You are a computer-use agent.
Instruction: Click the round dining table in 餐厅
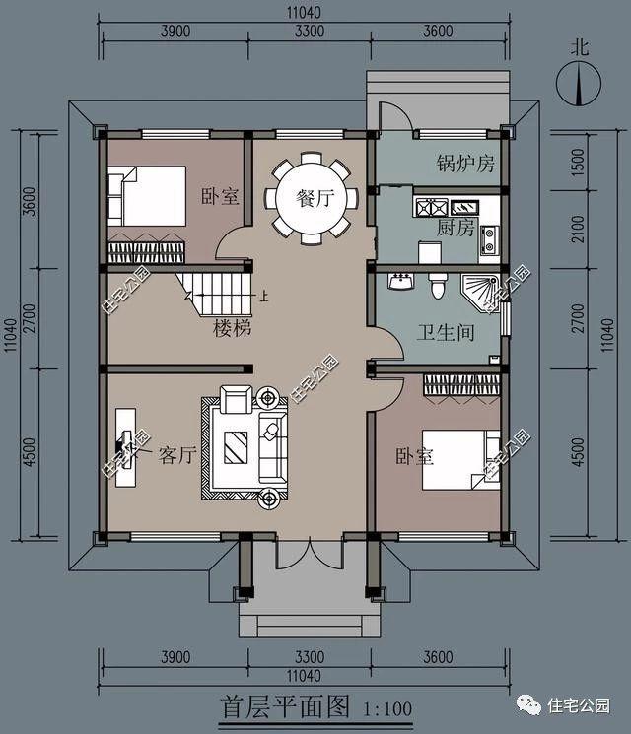pyautogui.click(x=312, y=199)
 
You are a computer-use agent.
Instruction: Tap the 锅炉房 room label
pyautogui.click(x=465, y=163)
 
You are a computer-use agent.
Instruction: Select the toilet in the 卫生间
pyautogui.click(x=438, y=286)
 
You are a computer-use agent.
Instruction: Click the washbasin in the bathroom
pyautogui.click(x=400, y=282)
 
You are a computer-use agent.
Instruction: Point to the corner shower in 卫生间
pyautogui.click(x=480, y=294)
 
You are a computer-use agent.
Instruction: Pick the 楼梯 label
pyautogui.click(x=233, y=328)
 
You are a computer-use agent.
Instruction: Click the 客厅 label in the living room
pyautogui.click(x=176, y=454)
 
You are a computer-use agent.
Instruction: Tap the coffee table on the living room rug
pyautogui.click(x=236, y=447)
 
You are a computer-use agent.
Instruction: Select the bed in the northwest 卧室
pyautogui.click(x=147, y=196)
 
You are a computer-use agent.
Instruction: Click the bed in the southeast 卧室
pyautogui.click(x=461, y=460)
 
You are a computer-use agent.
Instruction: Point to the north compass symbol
pyautogui.click(x=579, y=85)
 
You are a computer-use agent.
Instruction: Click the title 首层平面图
pyautogui.click(x=285, y=707)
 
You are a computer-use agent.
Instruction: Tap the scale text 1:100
pyautogui.click(x=387, y=709)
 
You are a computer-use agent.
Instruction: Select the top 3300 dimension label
pyautogui.click(x=310, y=32)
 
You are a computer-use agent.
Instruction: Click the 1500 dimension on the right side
pyautogui.click(x=579, y=163)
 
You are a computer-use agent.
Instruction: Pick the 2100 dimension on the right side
pyautogui.click(x=579, y=229)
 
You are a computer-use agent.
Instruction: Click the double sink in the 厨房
pyautogui.click(x=431, y=207)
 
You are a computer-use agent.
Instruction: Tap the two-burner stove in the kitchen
pyautogui.click(x=489, y=239)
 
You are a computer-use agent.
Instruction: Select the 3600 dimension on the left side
pyautogui.click(x=29, y=201)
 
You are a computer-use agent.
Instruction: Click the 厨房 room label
pyautogui.click(x=456, y=228)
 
